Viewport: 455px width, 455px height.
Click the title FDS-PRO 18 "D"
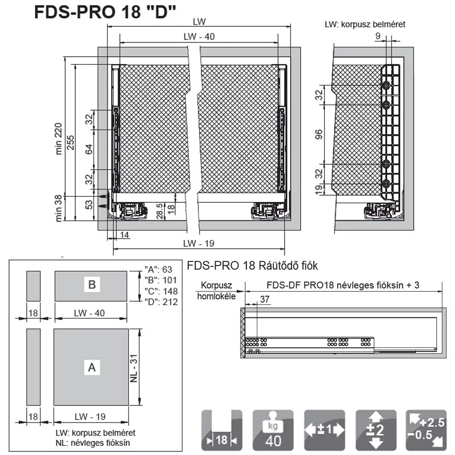105,12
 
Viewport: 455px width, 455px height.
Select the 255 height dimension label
70,143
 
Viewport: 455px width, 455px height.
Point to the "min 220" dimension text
59,139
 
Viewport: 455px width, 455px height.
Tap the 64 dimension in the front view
89,149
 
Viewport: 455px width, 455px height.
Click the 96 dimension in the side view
318,134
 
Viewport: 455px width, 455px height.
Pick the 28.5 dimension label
160,211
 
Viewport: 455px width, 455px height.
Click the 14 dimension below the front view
124,235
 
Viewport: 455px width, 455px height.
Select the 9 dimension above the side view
378,36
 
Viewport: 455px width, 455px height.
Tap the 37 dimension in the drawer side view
264,299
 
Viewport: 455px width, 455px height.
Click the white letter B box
92,284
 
